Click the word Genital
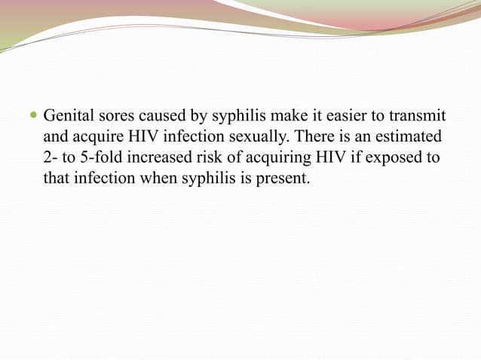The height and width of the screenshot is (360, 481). (x=67, y=117)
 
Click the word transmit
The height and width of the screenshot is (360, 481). (x=419, y=117)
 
